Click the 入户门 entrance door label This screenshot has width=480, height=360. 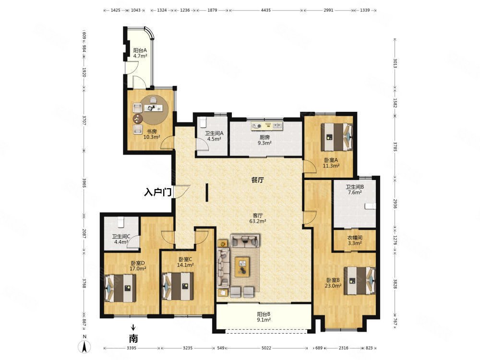click(x=157, y=192)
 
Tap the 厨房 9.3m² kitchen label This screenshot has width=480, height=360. click(x=264, y=140)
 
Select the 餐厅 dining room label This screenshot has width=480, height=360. click(x=257, y=180)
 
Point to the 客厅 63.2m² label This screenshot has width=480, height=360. click(x=257, y=218)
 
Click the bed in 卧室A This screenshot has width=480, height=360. click(x=337, y=137)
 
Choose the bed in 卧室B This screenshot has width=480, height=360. click(x=360, y=281)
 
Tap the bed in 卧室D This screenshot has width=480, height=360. click(x=120, y=288)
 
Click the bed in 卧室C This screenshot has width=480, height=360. click(x=178, y=286)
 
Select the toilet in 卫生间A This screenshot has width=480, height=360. click(x=204, y=122)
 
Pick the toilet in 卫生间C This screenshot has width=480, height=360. click(x=120, y=222)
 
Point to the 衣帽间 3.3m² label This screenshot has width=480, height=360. click(x=355, y=240)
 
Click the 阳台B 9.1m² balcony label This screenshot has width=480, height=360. click(x=264, y=317)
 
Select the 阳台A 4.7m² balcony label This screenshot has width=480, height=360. click(x=140, y=53)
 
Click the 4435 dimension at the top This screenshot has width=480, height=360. click(x=266, y=10)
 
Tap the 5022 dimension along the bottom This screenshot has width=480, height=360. click(x=266, y=348)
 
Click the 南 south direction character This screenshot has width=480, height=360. click(x=133, y=338)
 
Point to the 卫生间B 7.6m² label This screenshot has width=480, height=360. click(x=355, y=190)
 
